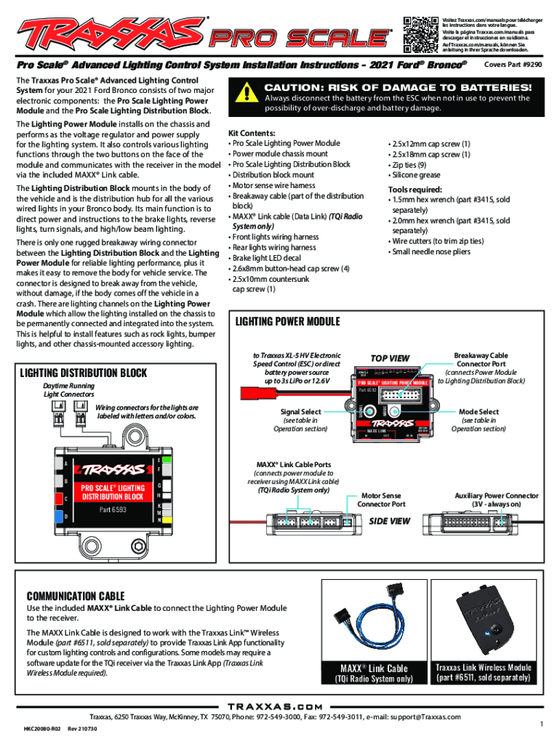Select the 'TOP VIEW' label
pyautogui.click(x=391, y=358)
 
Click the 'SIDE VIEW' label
pyautogui.click(x=391, y=521)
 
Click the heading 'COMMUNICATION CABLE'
pyautogui.click(x=76, y=596)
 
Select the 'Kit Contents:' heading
pyautogui.click(x=252, y=134)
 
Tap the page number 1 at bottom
pyautogui.click(x=541, y=724)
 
